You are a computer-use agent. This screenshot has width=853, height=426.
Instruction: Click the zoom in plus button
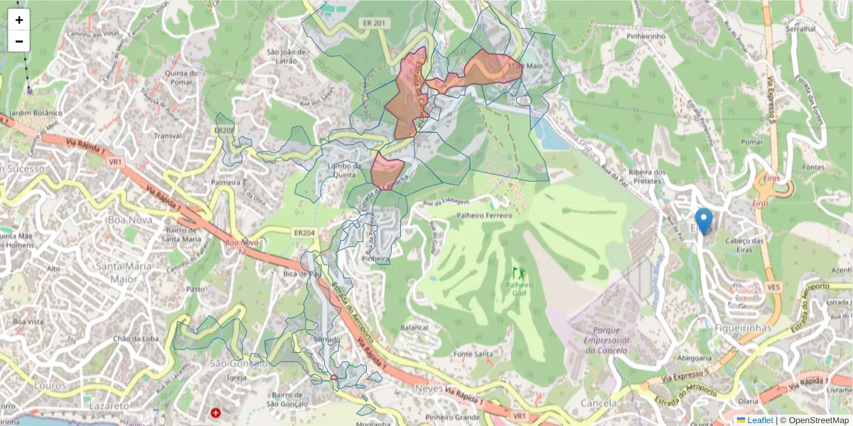19,20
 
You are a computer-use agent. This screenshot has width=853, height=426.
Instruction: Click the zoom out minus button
19,41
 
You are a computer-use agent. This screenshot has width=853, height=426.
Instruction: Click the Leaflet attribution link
760,420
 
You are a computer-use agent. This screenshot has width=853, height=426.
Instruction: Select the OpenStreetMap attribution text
814,420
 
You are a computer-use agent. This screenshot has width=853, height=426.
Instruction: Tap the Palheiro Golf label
520,289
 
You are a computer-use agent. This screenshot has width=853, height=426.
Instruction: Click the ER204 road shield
304,232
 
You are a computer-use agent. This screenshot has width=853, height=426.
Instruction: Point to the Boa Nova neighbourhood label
126,220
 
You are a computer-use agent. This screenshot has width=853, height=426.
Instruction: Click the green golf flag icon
518,273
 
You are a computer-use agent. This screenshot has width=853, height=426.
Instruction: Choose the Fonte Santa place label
473,354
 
